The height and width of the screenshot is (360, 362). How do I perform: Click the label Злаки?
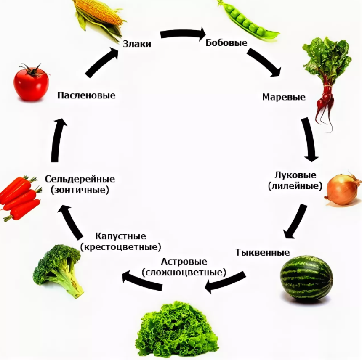click(x=137, y=44)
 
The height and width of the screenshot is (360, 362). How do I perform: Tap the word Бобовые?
click(x=226, y=42)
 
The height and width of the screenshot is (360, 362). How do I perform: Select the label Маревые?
click(x=284, y=97)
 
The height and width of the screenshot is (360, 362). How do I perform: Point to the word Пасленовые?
click(x=86, y=95)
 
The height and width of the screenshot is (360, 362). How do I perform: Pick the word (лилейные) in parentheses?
click(x=295, y=185)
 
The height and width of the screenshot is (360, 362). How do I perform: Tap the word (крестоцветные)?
click(x=120, y=246)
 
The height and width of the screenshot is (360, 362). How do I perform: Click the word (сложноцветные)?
click(x=184, y=272)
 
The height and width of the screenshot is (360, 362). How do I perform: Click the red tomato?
click(x=31, y=83)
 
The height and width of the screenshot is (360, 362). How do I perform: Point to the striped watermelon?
click(x=306, y=278)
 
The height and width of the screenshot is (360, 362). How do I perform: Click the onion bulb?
click(x=341, y=191)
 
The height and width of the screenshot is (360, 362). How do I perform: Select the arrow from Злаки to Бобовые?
click(x=182, y=34)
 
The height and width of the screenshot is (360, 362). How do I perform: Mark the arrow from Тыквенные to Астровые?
click(x=225, y=282)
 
